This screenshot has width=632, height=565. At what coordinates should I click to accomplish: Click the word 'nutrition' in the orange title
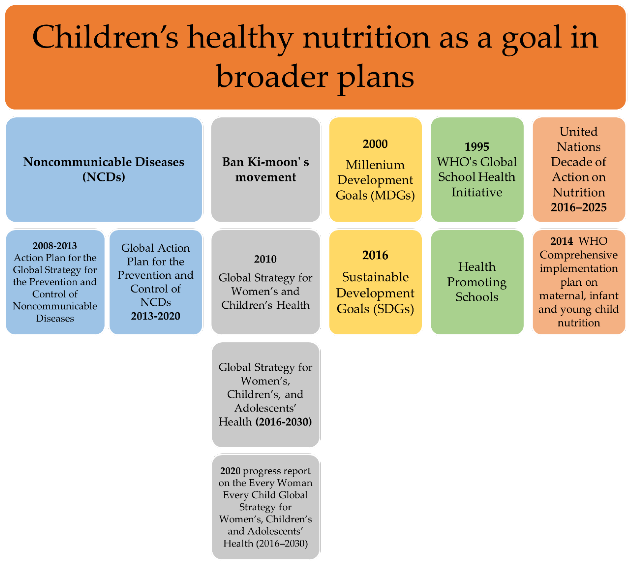coord(366,37)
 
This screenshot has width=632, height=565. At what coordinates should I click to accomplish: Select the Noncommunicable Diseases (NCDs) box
coord(104,170)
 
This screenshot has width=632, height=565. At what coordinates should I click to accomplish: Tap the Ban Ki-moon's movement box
coord(266,170)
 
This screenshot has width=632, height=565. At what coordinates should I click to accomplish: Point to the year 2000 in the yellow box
coord(375,144)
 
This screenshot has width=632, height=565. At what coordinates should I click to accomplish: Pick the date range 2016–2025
coord(579,207)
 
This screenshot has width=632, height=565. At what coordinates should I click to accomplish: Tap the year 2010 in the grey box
coord(265,259)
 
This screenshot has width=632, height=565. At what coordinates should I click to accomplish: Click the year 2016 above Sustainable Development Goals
coord(375,255)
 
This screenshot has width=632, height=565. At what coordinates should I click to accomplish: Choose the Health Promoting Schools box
coord(477,282)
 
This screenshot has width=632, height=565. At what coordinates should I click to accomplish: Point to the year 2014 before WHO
coord(562,241)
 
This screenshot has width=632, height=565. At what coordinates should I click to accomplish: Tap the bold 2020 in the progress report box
coord(230,471)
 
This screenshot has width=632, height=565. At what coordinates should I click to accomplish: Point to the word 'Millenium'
coord(375,165)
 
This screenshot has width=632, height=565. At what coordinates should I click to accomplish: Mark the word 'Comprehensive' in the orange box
coord(579,255)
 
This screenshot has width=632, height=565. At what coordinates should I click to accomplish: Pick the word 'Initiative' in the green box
coord(477,192)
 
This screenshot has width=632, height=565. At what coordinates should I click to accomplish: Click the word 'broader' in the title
coord(272,77)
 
